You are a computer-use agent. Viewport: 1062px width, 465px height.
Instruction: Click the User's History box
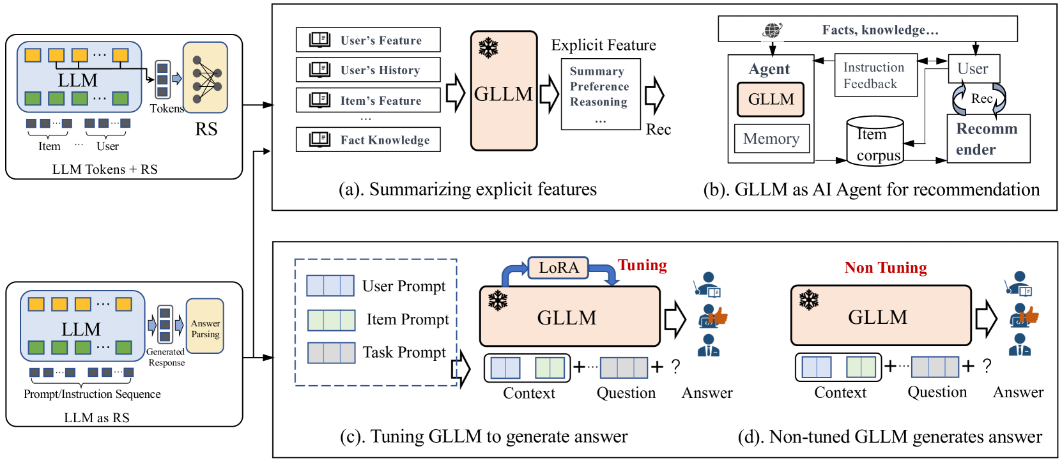pyautogui.click(x=368, y=70)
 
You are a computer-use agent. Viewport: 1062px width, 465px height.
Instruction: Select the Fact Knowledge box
pyautogui.click(x=368, y=139)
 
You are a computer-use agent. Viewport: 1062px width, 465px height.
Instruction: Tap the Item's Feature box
pyautogui.click(x=368, y=100)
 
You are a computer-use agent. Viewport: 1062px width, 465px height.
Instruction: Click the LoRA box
pyautogui.click(x=558, y=268)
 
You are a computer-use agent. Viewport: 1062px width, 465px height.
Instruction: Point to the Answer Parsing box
pyautogui.click(x=205, y=326)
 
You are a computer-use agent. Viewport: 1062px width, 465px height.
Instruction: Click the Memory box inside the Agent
pyautogui.click(x=771, y=139)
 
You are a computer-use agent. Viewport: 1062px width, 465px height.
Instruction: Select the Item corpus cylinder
pyautogui.click(x=875, y=141)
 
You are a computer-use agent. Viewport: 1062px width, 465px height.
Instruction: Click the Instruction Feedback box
pyautogui.click(x=875, y=75)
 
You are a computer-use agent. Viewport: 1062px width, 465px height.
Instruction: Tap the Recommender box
pyautogui.click(x=989, y=139)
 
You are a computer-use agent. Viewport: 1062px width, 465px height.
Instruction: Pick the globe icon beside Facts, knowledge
pyautogui.click(x=773, y=30)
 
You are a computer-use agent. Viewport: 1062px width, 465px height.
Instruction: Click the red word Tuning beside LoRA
pyautogui.click(x=642, y=265)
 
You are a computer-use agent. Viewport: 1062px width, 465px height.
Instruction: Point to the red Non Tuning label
pyautogui.click(x=886, y=268)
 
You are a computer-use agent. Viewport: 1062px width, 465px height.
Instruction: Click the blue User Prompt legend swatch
pyautogui.click(x=330, y=286)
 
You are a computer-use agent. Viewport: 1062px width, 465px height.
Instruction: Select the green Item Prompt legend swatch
pyautogui.click(x=332, y=320)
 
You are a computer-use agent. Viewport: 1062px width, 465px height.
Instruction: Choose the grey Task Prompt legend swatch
pyautogui.click(x=332, y=353)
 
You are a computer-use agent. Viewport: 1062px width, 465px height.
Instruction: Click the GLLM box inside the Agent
pyautogui.click(x=771, y=99)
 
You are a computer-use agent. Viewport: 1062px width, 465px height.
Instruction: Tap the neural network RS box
pyautogui.click(x=205, y=78)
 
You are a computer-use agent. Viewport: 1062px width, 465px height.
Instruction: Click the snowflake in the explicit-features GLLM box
pyautogui.click(x=488, y=48)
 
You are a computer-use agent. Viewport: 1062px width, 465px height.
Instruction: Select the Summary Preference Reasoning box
pyautogui.click(x=601, y=95)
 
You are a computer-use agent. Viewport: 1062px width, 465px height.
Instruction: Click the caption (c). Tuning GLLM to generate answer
pyautogui.click(x=484, y=436)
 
